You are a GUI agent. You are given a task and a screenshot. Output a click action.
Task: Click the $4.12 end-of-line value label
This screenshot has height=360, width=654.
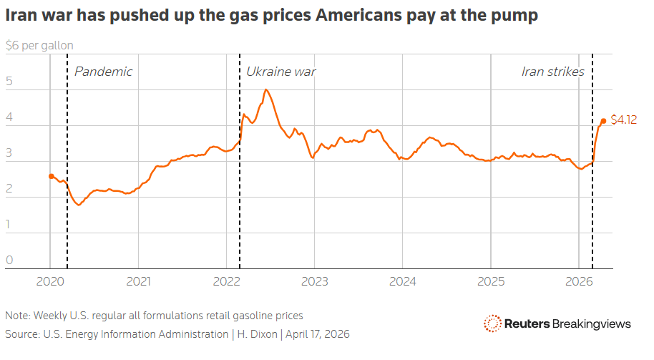tap(623, 120)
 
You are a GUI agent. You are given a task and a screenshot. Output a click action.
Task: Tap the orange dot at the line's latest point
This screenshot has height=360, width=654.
tap(603, 121)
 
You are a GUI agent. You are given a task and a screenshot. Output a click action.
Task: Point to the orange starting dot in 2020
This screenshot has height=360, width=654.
tap(52, 176)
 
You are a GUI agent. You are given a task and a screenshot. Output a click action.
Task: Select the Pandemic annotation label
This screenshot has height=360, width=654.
tap(103, 72)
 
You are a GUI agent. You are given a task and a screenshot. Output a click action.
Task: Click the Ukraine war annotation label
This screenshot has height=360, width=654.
tap(280, 72)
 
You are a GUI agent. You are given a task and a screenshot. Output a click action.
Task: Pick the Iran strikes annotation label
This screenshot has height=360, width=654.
tap(552, 72)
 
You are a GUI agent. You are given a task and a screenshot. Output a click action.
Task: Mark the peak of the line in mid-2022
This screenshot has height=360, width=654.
tap(265, 89)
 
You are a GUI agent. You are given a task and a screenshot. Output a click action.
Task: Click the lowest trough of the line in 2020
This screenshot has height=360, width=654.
tap(79, 205)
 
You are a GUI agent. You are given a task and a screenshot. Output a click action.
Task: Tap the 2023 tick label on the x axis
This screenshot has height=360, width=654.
tap(315, 281)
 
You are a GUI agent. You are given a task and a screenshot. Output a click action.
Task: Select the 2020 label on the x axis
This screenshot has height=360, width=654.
tap(50, 281)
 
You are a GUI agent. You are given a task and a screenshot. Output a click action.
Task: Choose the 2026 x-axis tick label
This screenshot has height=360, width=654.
tap(579, 281)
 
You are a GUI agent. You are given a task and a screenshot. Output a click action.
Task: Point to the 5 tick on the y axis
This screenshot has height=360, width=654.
tap(9, 81)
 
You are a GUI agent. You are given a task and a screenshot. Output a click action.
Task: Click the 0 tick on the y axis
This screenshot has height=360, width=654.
tap(9, 260)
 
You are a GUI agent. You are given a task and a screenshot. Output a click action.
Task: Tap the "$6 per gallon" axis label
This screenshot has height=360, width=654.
tap(39, 45)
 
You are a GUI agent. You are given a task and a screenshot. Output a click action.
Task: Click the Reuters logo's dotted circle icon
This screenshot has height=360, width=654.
tap(492, 323)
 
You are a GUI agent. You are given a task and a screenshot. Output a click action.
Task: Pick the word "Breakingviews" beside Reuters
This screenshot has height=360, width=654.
tap(592, 324)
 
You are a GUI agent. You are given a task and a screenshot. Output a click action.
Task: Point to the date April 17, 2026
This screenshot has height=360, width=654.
tap(318, 334)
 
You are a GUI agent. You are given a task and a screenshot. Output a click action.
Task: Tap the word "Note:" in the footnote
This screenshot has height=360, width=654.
tap(17, 316)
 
